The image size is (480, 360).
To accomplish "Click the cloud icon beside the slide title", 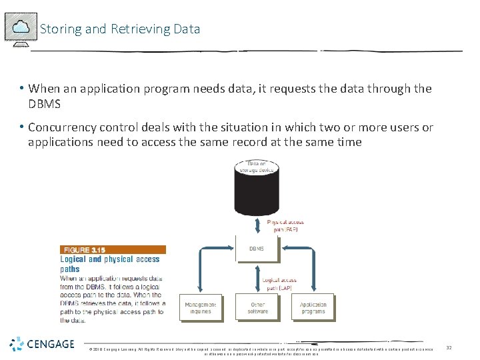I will coord(21,28).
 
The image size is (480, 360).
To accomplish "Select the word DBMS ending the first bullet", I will coord(45,104).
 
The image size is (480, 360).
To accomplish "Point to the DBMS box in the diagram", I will coord(257,249).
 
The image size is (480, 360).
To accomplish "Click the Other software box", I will coord(257,308).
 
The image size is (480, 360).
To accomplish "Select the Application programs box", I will coord(313,308).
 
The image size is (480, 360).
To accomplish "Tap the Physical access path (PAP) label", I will coord(286,225).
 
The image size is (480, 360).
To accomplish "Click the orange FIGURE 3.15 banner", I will coord(113,249).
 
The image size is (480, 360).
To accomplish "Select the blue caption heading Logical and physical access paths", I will coord(110,264).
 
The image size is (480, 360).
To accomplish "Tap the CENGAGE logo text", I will coord(51,344).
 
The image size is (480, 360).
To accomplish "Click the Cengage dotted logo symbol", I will coord(17,344).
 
